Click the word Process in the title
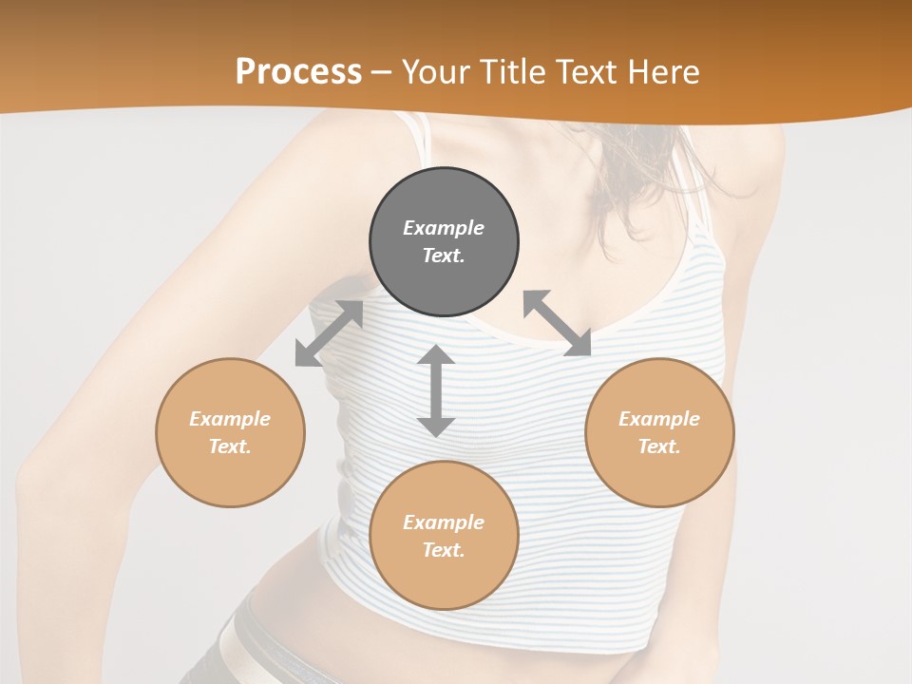tap(298, 72)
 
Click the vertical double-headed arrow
tap(436, 390)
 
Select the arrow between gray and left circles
tap(329, 333)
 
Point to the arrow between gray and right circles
tap(558, 323)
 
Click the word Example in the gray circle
tap(444, 228)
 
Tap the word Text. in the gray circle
tap(444, 256)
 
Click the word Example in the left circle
tap(230, 419)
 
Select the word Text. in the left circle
tap(230, 446)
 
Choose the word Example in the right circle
tap(659, 419)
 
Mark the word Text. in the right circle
tap(659, 446)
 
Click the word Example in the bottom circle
tap(444, 522)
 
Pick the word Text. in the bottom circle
tap(444, 550)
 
